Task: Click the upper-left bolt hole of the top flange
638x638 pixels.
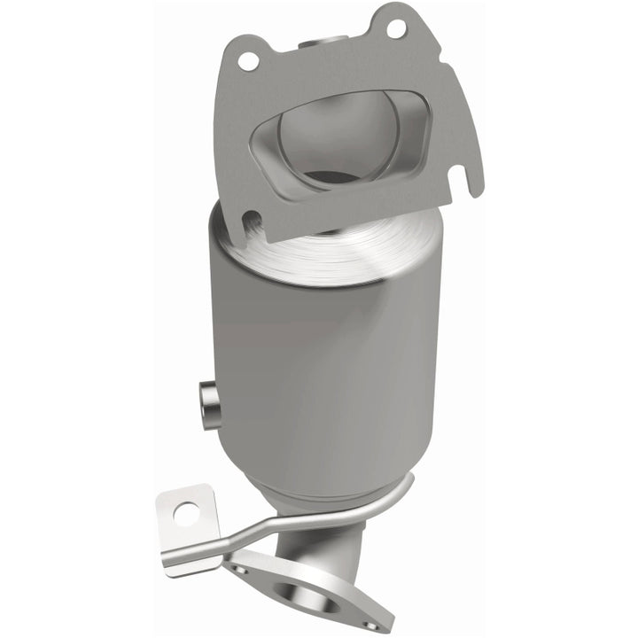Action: click(x=249, y=61)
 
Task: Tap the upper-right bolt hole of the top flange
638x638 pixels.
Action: click(x=395, y=28)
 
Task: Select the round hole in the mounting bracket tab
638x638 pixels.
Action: click(x=187, y=511)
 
